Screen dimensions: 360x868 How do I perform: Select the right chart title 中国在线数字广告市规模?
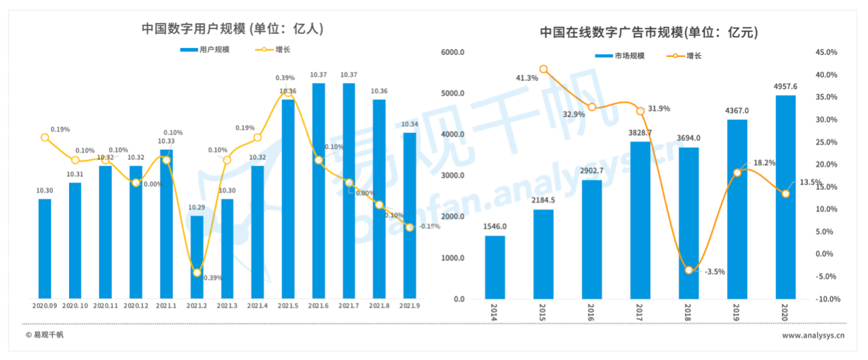pos(648,33)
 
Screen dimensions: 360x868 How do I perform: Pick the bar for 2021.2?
pos(197,258)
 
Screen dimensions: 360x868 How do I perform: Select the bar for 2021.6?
pos(318,190)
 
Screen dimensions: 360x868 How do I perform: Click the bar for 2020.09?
pos(45,248)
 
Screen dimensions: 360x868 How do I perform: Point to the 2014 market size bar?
pos(495,267)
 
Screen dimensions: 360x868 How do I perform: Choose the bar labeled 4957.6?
pos(785,197)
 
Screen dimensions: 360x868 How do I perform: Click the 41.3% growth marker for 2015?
pos(543,69)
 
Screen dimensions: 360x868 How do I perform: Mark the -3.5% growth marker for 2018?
pos(689,270)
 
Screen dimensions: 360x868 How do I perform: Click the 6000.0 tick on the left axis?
pos(452,53)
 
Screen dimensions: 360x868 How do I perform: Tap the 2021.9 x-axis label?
pos(410,306)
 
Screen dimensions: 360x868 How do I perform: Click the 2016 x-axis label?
pos(592,314)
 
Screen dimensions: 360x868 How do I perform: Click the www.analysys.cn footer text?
pos(813,335)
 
